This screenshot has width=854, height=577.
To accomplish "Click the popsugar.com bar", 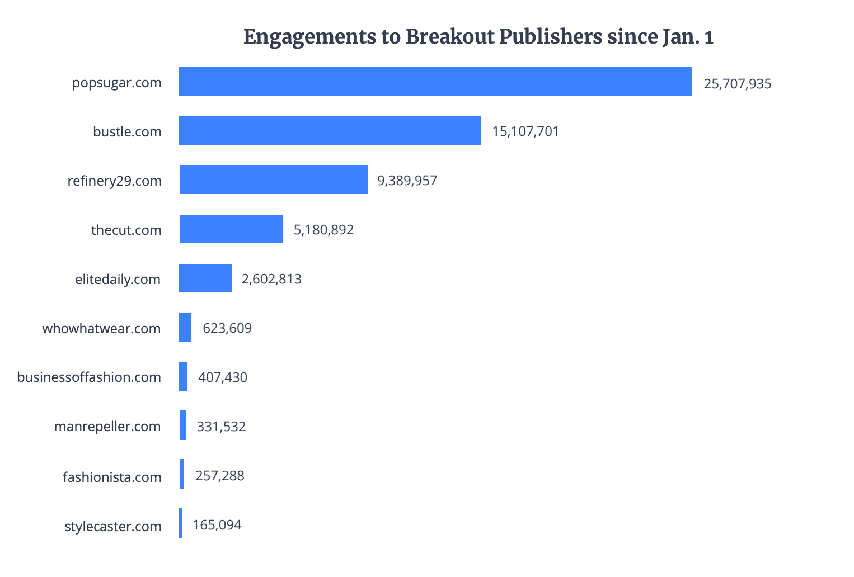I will (x=435, y=82).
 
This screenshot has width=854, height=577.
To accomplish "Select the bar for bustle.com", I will (x=330, y=131).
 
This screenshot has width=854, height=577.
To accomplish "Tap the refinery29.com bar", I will (x=273, y=180).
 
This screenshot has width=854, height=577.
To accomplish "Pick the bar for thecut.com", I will (x=231, y=229).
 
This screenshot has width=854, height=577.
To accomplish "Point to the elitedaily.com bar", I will (x=205, y=278).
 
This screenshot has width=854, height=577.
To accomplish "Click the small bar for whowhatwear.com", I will (x=185, y=328).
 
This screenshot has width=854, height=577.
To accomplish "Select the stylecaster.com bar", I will (x=181, y=523).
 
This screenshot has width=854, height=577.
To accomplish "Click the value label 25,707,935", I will (x=738, y=84).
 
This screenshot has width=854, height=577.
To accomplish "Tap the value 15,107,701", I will (x=525, y=132).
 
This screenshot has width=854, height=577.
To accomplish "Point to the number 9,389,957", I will (x=407, y=181).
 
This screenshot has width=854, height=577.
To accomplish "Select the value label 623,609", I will (x=227, y=328).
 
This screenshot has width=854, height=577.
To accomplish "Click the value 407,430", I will (x=223, y=377).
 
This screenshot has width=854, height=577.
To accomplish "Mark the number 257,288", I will (x=220, y=476).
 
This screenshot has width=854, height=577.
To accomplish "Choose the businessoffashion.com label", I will (x=89, y=377).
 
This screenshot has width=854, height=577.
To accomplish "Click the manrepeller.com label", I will (x=107, y=427).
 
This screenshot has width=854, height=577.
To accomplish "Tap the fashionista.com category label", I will (x=112, y=477).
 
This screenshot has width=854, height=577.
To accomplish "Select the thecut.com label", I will (x=126, y=230).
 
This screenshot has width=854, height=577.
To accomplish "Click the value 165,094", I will (x=217, y=525).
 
